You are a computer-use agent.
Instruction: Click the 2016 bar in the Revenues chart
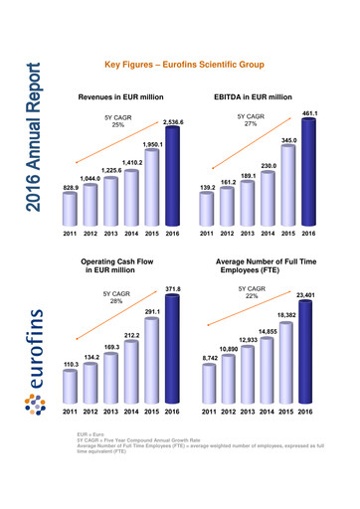pos(171,179)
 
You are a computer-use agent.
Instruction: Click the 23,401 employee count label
pos(309,295)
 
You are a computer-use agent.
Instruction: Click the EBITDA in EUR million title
pos(253,97)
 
